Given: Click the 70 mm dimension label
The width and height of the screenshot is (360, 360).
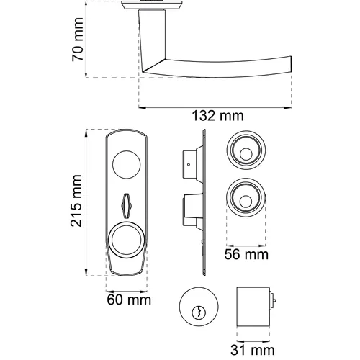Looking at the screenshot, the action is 78,40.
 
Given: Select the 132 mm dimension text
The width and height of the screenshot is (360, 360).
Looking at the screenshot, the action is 217,116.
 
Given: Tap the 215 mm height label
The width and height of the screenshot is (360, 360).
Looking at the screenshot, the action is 76,201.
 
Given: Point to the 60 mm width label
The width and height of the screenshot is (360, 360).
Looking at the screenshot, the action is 129,300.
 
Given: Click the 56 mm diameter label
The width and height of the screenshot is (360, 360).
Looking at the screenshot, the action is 246,254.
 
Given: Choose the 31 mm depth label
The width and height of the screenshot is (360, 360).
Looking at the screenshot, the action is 253,350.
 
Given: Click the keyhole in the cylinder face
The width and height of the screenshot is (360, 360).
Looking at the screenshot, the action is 199,312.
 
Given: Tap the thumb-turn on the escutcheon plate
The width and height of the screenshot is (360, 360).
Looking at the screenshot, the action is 126,205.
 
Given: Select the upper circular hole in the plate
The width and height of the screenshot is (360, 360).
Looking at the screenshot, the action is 127,165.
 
